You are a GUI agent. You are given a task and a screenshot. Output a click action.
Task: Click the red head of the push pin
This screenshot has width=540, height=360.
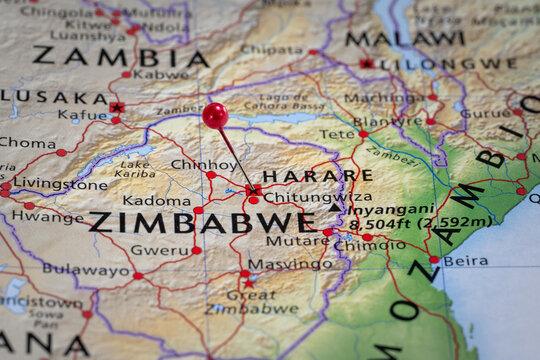tap(215, 115)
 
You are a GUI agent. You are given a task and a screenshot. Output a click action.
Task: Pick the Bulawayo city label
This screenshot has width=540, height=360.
tap(85, 269)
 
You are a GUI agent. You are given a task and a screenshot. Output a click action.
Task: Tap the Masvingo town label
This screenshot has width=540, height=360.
tap(290, 265)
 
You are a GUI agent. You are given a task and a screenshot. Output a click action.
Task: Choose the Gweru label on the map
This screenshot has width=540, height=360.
tap(159, 249)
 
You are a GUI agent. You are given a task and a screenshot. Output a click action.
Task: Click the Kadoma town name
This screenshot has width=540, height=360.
tap(157, 200)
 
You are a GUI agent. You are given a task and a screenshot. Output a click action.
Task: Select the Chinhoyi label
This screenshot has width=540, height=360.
tap(204, 165)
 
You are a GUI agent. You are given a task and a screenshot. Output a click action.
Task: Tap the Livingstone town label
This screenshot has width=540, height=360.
tap(60, 184)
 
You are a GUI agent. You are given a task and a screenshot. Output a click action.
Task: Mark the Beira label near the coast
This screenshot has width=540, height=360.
tap(466, 260)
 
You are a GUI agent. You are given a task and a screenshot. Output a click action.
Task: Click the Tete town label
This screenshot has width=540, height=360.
tap(337, 133)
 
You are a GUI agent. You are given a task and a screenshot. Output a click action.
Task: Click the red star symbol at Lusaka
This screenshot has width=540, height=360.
tap(117, 107)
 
